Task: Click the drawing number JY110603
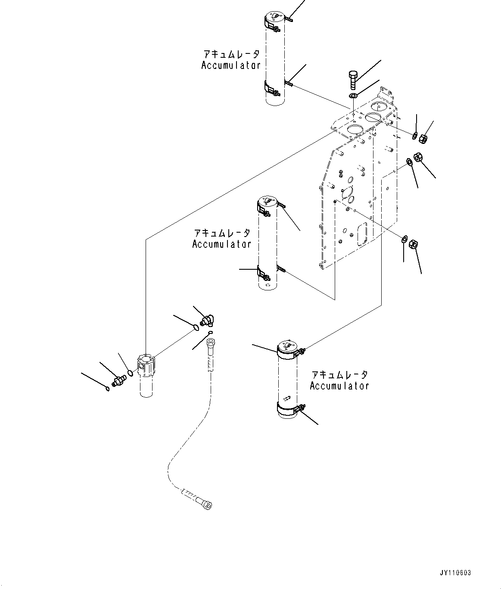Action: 455,573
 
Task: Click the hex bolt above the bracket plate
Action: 352,78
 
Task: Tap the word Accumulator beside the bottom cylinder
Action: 339,386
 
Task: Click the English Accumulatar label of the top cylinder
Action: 231,65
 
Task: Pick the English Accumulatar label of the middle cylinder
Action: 221,244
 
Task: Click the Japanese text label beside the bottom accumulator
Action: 339,374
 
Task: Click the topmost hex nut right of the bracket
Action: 423,138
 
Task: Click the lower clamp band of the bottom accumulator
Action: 287,409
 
